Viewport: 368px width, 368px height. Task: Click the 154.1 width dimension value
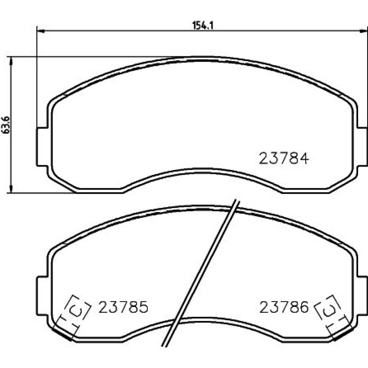pos(202,25)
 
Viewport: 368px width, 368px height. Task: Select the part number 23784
pos(284,158)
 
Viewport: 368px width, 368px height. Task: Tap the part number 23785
pos(123,307)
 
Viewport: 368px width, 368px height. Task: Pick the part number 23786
pos(284,307)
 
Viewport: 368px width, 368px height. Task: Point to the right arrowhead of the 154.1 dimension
pos(364,31)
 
